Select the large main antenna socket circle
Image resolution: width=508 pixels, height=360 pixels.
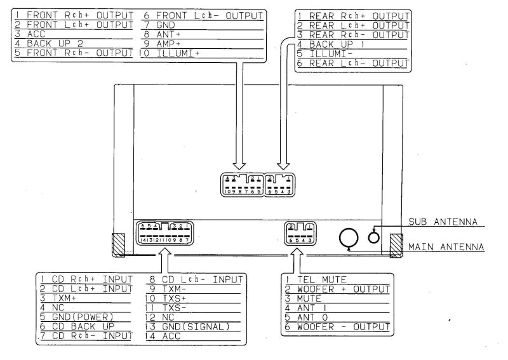tap(348, 238)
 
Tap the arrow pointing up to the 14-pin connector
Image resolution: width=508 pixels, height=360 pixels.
tap(165, 261)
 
